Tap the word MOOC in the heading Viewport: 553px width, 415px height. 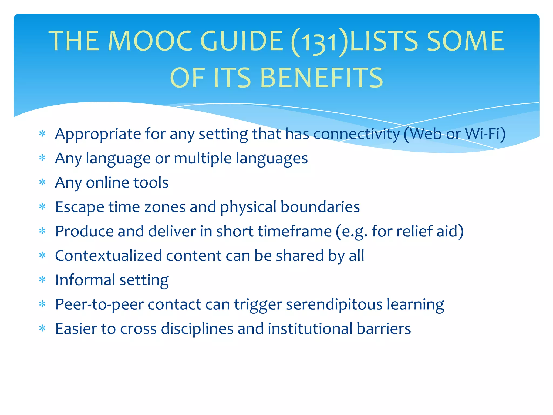coord(150,41)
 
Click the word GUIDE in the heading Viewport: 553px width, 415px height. coord(241,41)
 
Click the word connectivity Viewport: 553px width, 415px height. coord(356,134)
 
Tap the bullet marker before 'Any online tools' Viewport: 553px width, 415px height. coord(42,182)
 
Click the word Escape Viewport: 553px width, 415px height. coord(80,207)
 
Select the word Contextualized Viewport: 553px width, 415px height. coord(108,256)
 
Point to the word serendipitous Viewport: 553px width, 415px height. coord(334,304)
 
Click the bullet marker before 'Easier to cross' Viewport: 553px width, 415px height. coord(42,329)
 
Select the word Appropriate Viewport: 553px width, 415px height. coord(98,134)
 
